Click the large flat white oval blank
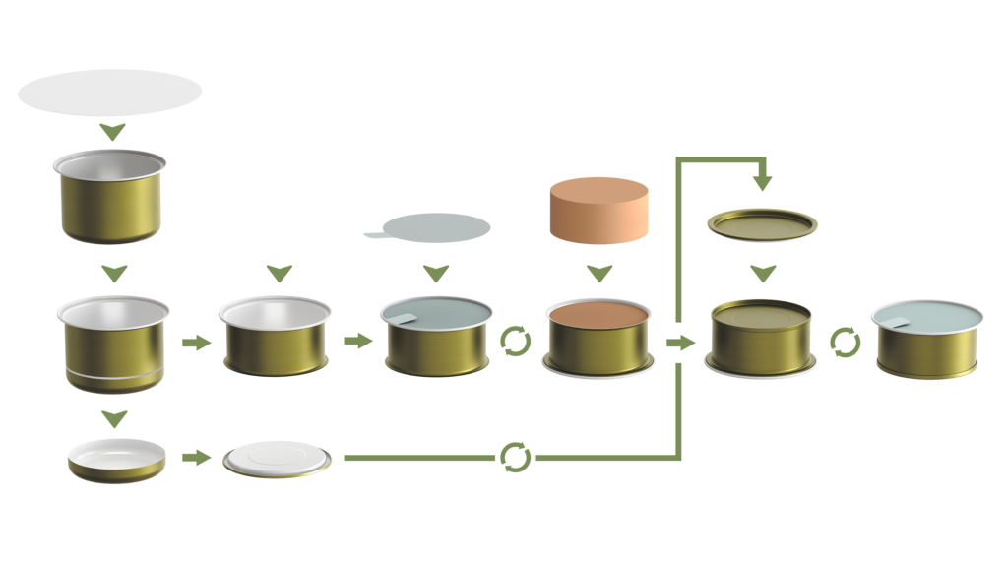(110, 93)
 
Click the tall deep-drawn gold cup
(110, 197)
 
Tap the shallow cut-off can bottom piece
(117, 461)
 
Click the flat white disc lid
(277, 460)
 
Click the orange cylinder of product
(598, 210)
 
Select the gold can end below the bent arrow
(763, 224)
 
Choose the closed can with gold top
(761, 338)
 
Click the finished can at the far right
(926, 340)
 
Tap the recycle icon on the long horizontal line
(515, 458)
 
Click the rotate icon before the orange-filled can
(516, 342)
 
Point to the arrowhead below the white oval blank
(113, 132)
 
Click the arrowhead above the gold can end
(763, 181)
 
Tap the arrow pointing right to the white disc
(197, 458)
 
